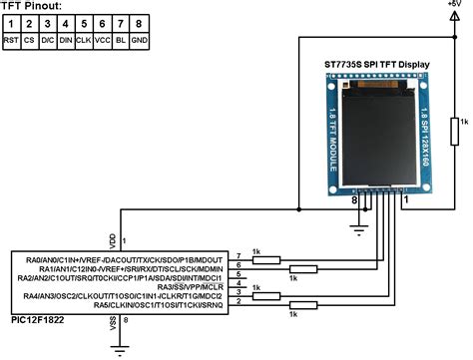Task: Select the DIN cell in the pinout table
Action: click(x=65, y=41)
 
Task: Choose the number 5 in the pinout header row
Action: click(x=82, y=23)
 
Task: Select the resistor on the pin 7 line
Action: click(x=265, y=259)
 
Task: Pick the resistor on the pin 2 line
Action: click(x=301, y=304)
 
